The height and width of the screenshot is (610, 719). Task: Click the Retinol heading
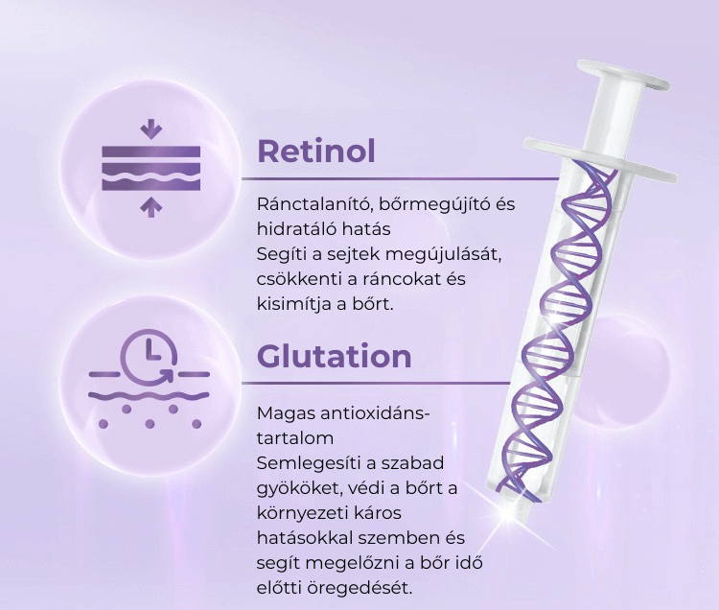(x=316, y=151)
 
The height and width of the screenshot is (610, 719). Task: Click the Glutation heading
(x=335, y=356)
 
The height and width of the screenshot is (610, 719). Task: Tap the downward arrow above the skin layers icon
(x=151, y=129)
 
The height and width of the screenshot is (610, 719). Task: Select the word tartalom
(x=295, y=438)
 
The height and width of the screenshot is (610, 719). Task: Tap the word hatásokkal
(x=304, y=538)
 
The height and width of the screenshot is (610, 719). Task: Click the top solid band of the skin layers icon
(x=151, y=152)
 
